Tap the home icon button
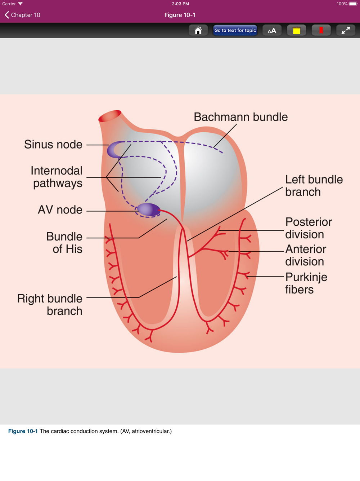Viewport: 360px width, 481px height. (198, 31)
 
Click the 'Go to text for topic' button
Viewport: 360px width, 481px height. (235, 31)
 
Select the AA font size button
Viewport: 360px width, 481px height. (272, 31)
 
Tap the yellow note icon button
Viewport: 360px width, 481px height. (296, 31)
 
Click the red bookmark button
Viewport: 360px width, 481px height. (321, 31)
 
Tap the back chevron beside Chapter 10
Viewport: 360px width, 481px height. (6, 15)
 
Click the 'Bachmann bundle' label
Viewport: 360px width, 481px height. (240, 117)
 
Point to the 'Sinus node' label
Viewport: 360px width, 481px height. (53, 144)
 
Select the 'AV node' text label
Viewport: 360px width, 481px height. (60, 210)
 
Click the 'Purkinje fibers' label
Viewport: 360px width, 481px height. (306, 283)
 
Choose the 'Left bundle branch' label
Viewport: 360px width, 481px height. (314, 185)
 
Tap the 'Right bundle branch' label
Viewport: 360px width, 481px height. (50, 305)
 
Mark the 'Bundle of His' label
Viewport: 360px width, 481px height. (64, 243)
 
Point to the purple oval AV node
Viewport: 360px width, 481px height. (148, 209)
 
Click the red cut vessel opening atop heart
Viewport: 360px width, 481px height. (109, 116)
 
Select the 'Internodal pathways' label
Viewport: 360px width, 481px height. (57, 177)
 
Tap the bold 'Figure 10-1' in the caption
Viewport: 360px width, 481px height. (23, 431)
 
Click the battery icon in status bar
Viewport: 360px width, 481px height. (353, 4)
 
